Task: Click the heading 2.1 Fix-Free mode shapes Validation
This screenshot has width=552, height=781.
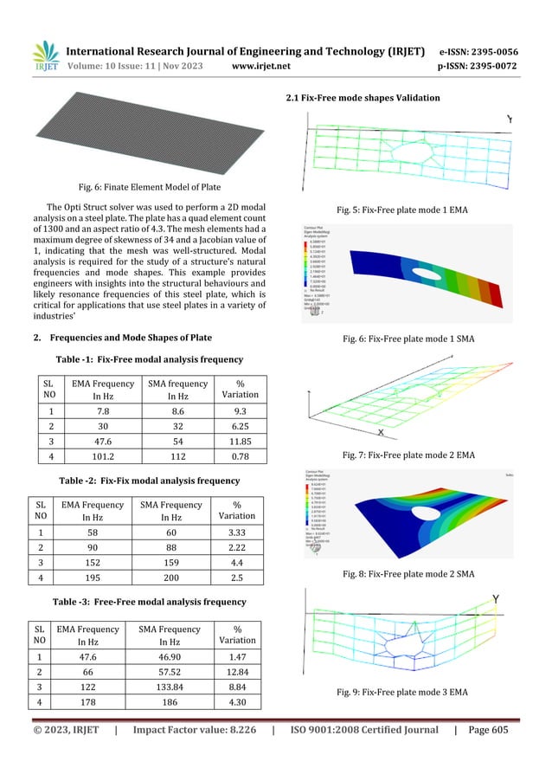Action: pyautogui.click(x=363, y=98)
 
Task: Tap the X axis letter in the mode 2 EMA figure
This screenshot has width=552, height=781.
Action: pyautogui.click(x=381, y=431)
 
